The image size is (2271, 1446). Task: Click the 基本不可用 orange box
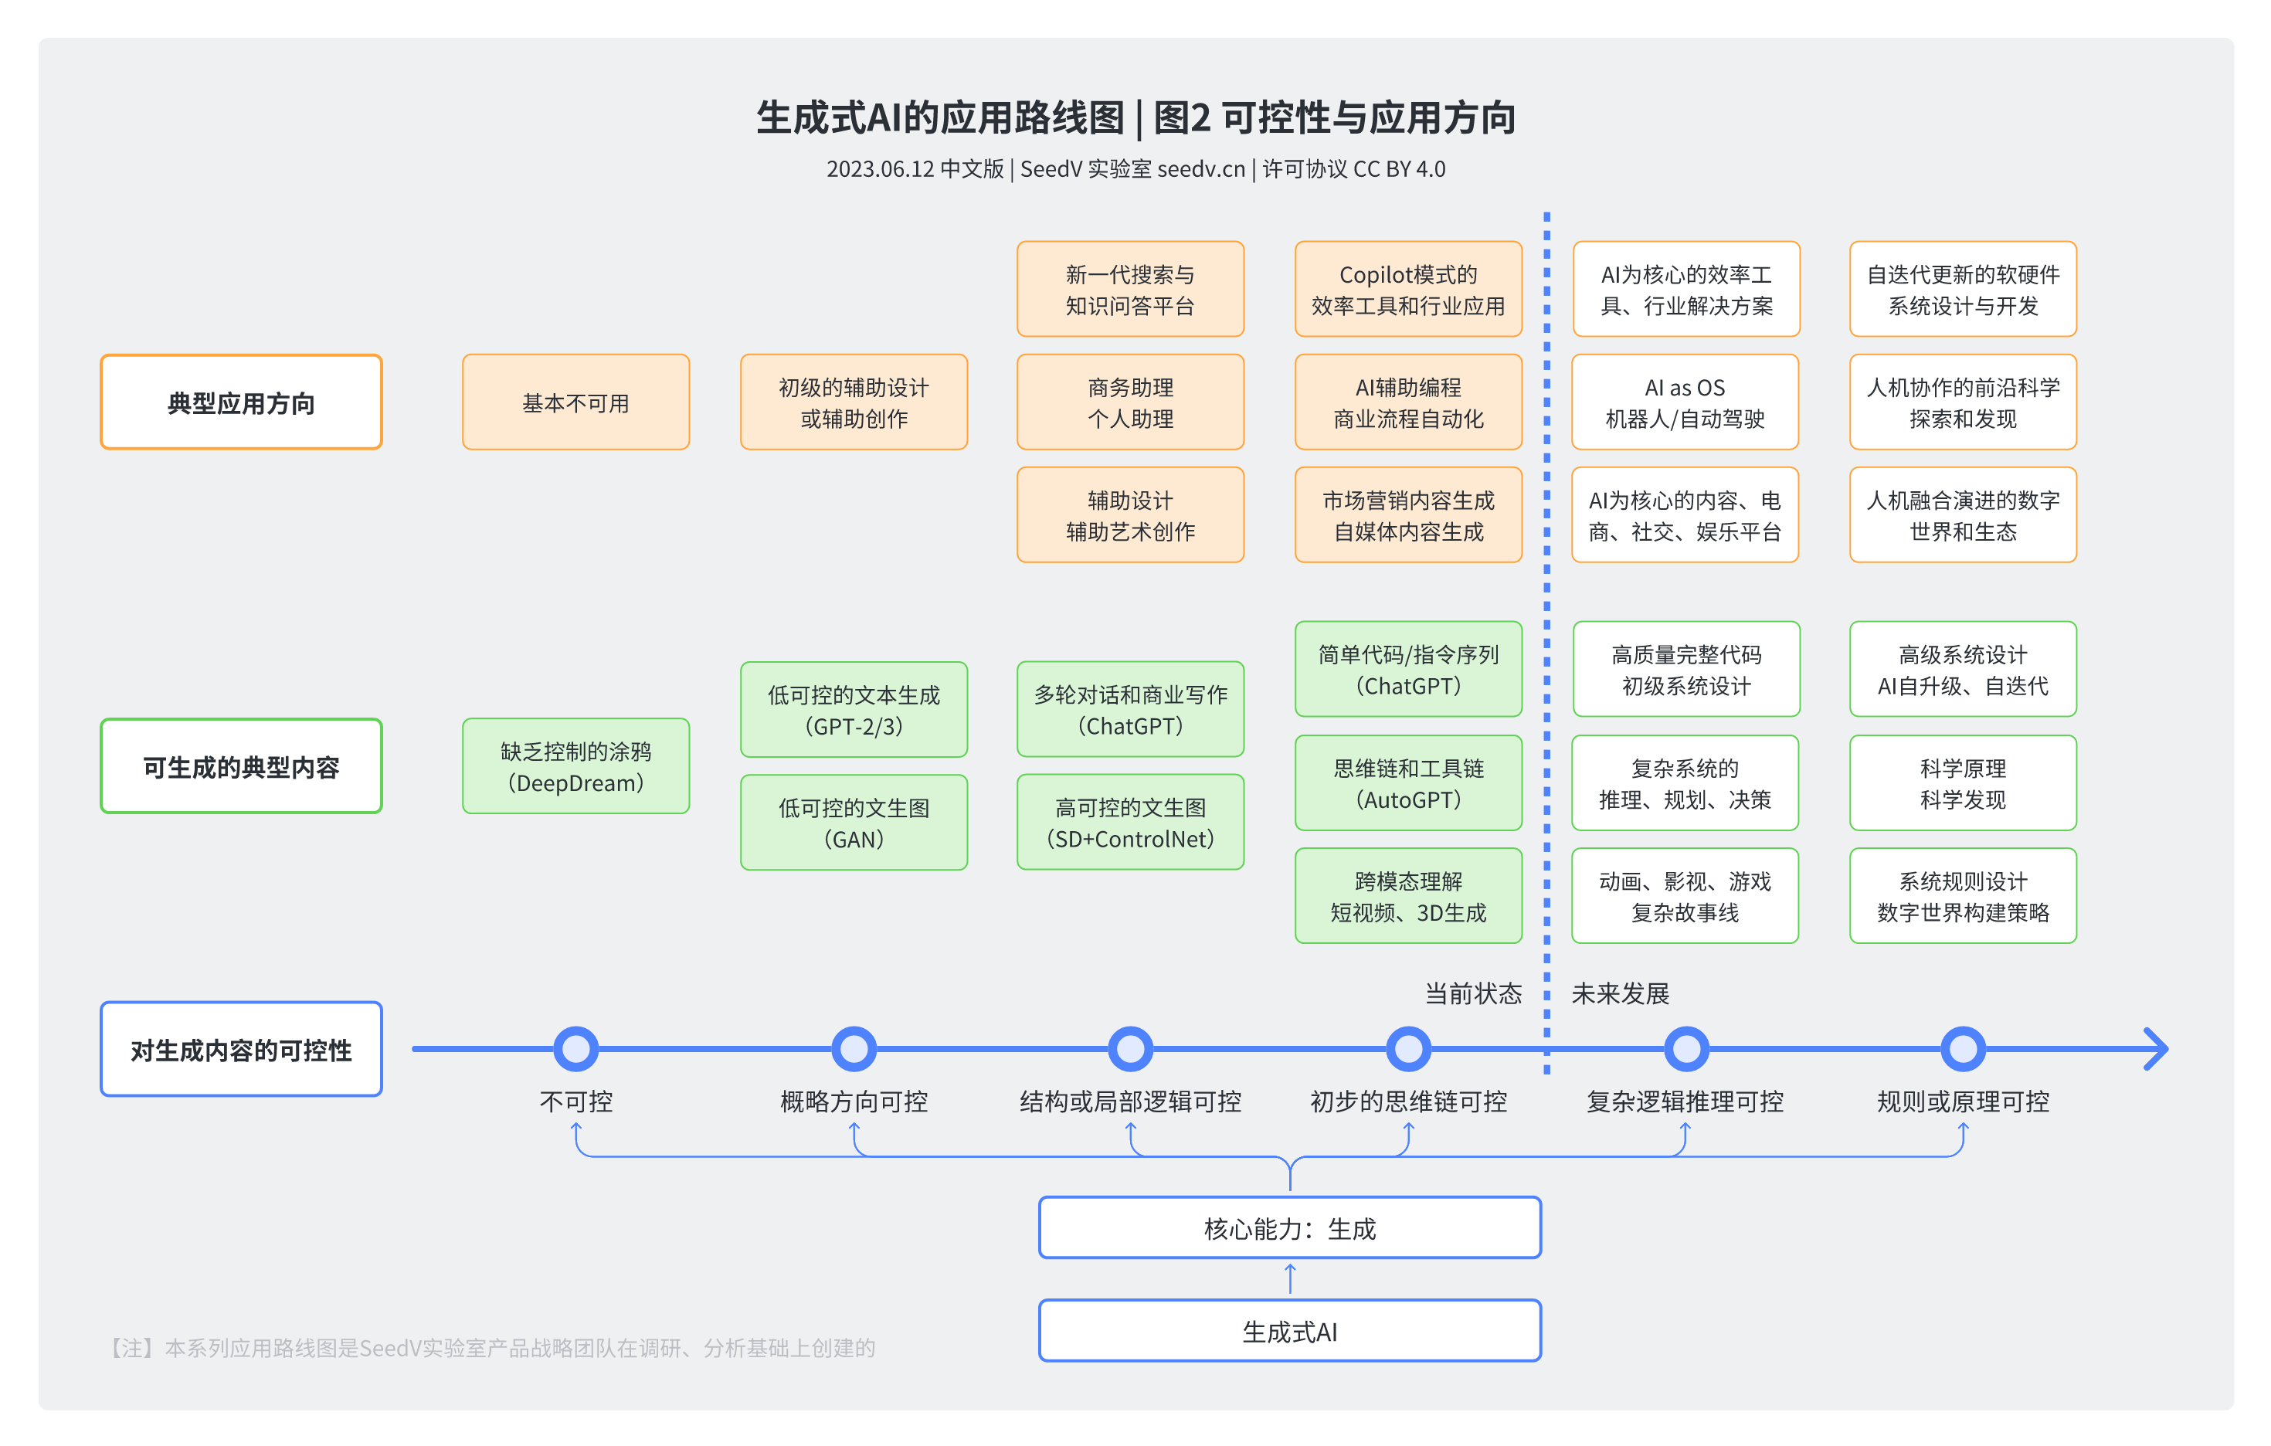coord(575,402)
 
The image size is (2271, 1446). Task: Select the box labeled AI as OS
coord(1685,402)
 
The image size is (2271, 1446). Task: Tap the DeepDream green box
coord(575,766)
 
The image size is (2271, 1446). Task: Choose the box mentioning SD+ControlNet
coord(1130,822)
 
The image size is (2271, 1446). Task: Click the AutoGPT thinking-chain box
coord(1408,783)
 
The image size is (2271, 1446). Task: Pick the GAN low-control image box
coord(854,822)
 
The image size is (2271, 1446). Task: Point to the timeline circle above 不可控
coord(575,1049)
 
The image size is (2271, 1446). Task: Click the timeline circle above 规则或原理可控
coord(1963,1049)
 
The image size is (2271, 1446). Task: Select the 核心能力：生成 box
coord(1289,1228)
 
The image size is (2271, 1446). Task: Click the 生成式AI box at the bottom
coord(1289,1331)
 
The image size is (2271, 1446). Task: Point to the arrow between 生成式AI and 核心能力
coord(1290,1279)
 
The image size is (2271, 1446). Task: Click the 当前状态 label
coord(1472,993)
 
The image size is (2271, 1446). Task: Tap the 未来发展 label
coord(1621,993)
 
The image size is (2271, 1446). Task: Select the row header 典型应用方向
coord(242,402)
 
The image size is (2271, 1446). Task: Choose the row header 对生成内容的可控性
coord(242,1049)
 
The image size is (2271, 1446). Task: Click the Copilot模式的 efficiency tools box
coord(1408,289)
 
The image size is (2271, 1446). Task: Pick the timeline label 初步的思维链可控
coord(1408,1101)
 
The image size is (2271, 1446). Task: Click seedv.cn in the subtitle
coord(1200,169)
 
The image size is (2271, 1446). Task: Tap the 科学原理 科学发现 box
coord(1963,783)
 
